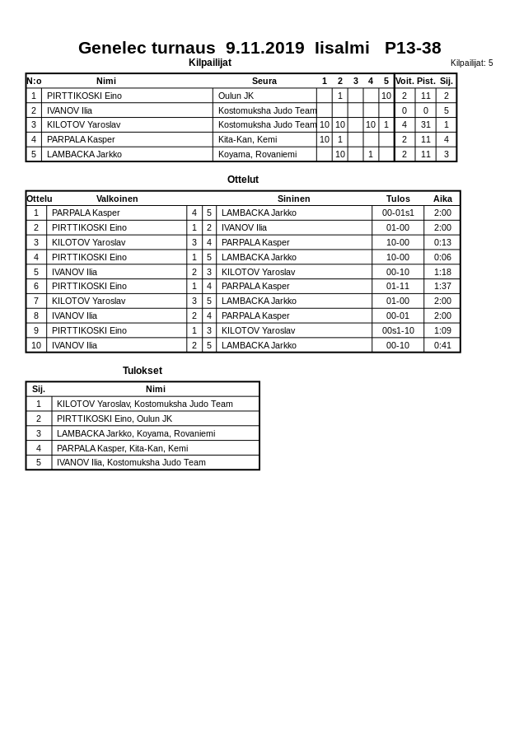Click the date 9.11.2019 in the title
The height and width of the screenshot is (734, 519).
tap(264, 48)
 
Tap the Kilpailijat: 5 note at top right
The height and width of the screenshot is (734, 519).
tap(471, 63)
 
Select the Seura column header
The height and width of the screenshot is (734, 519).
tap(264, 81)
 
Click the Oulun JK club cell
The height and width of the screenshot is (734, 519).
tap(236, 96)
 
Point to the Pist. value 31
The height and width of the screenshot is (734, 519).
tap(425, 124)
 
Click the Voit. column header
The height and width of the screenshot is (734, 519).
tap(404, 81)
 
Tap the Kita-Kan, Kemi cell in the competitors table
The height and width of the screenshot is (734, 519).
tap(247, 139)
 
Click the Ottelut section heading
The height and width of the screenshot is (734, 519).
tap(243, 180)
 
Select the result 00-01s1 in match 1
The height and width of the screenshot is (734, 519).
tap(398, 213)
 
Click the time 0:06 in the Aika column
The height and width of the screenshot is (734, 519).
tap(442, 257)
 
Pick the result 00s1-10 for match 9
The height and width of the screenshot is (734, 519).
tap(398, 330)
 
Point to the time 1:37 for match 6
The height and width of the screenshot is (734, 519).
tap(442, 286)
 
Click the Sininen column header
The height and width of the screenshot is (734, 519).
tap(293, 199)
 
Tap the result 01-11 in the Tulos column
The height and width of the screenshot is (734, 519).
tap(398, 286)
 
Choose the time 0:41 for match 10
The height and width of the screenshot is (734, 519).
tap(442, 345)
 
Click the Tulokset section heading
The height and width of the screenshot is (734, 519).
tap(143, 371)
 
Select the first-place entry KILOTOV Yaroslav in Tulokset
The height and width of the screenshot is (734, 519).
tap(144, 404)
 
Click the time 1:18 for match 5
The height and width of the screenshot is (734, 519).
tap(442, 272)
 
